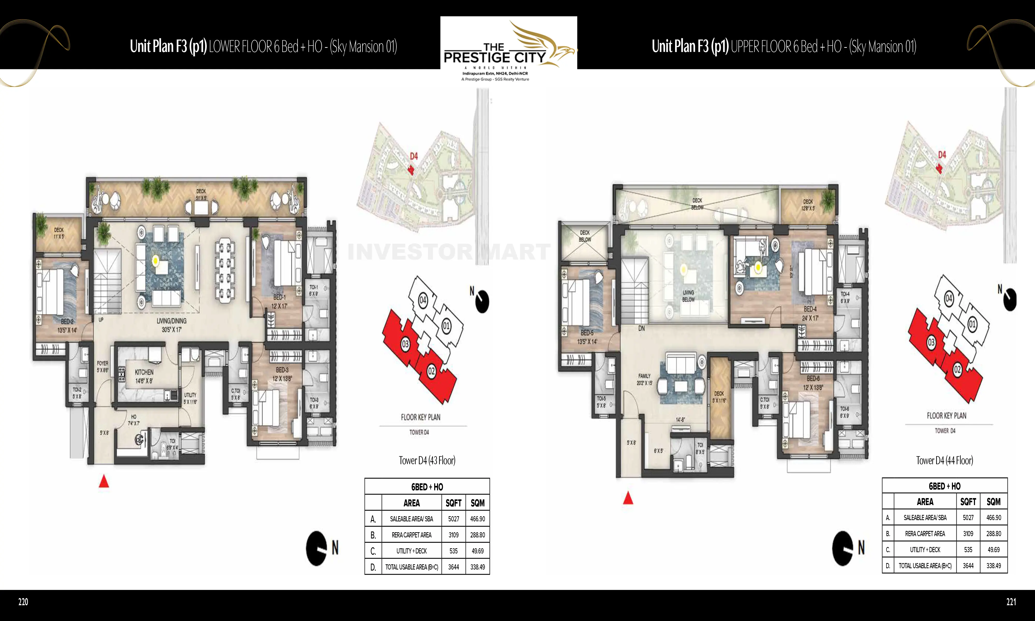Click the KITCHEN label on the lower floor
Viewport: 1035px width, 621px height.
144,372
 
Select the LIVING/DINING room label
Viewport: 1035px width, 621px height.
172,321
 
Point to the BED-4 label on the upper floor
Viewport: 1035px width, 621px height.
810,309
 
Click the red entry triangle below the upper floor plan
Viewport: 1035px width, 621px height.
628,498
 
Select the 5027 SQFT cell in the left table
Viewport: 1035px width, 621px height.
454,519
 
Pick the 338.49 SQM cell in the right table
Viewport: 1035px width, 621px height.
994,566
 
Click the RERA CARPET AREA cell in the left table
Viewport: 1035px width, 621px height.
411,535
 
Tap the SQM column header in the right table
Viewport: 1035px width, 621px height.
994,502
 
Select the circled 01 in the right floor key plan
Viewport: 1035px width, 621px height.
972,324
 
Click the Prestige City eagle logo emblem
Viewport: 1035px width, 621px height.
544,44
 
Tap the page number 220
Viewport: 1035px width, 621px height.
23,602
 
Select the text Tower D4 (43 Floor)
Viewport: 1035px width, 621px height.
427,460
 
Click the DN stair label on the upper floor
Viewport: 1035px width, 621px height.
641,329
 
